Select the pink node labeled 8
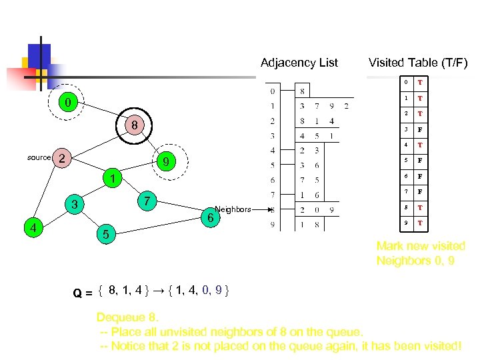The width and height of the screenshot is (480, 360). (x=134, y=125)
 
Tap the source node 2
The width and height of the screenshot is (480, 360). (x=61, y=158)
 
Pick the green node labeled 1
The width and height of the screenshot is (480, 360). (x=114, y=179)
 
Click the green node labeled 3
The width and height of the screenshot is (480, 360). (x=75, y=204)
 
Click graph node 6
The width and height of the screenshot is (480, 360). (x=210, y=217)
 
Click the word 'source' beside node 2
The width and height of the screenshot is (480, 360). (x=39, y=157)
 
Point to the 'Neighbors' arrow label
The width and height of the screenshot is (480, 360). (x=233, y=209)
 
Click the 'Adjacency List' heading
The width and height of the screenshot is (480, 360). (x=299, y=63)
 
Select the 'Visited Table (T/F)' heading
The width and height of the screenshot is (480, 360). (x=418, y=63)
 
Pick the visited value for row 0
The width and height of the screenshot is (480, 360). (x=420, y=83)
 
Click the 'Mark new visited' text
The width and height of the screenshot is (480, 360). (x=421, y=246)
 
